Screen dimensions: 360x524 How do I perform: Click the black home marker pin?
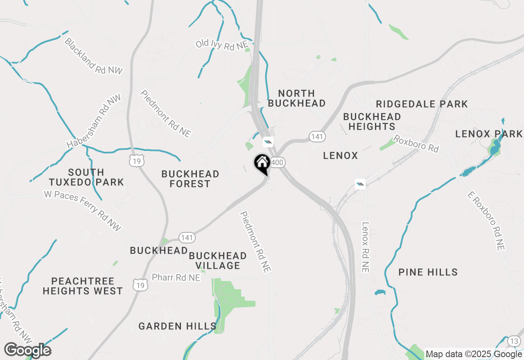coord(262,164)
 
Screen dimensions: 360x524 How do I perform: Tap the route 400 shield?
coord(277,162)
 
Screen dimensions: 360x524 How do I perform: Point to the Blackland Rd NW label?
coord(93,56)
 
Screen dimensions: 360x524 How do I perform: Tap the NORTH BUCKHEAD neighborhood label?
coord(297,98)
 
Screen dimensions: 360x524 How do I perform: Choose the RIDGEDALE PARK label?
coord(422,104)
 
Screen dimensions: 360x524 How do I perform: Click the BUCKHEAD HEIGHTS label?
coord(372,122)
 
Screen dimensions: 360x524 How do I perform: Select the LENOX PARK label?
coord(489,134)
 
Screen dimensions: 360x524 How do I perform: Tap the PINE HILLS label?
coord(428,272)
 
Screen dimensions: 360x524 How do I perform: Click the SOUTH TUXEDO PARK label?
coord(86,177)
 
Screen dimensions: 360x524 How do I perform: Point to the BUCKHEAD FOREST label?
coord(190,179)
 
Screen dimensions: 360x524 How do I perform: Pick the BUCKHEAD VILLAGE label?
coord(218,261)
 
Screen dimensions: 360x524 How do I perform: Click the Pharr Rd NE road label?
coord(176,278)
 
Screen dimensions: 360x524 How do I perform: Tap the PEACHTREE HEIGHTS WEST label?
coord(83,286)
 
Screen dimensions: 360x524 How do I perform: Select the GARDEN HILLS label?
coord(177,326)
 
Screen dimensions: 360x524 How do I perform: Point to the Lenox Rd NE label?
coord(365,247)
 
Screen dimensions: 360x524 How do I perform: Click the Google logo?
coord(27,350)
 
